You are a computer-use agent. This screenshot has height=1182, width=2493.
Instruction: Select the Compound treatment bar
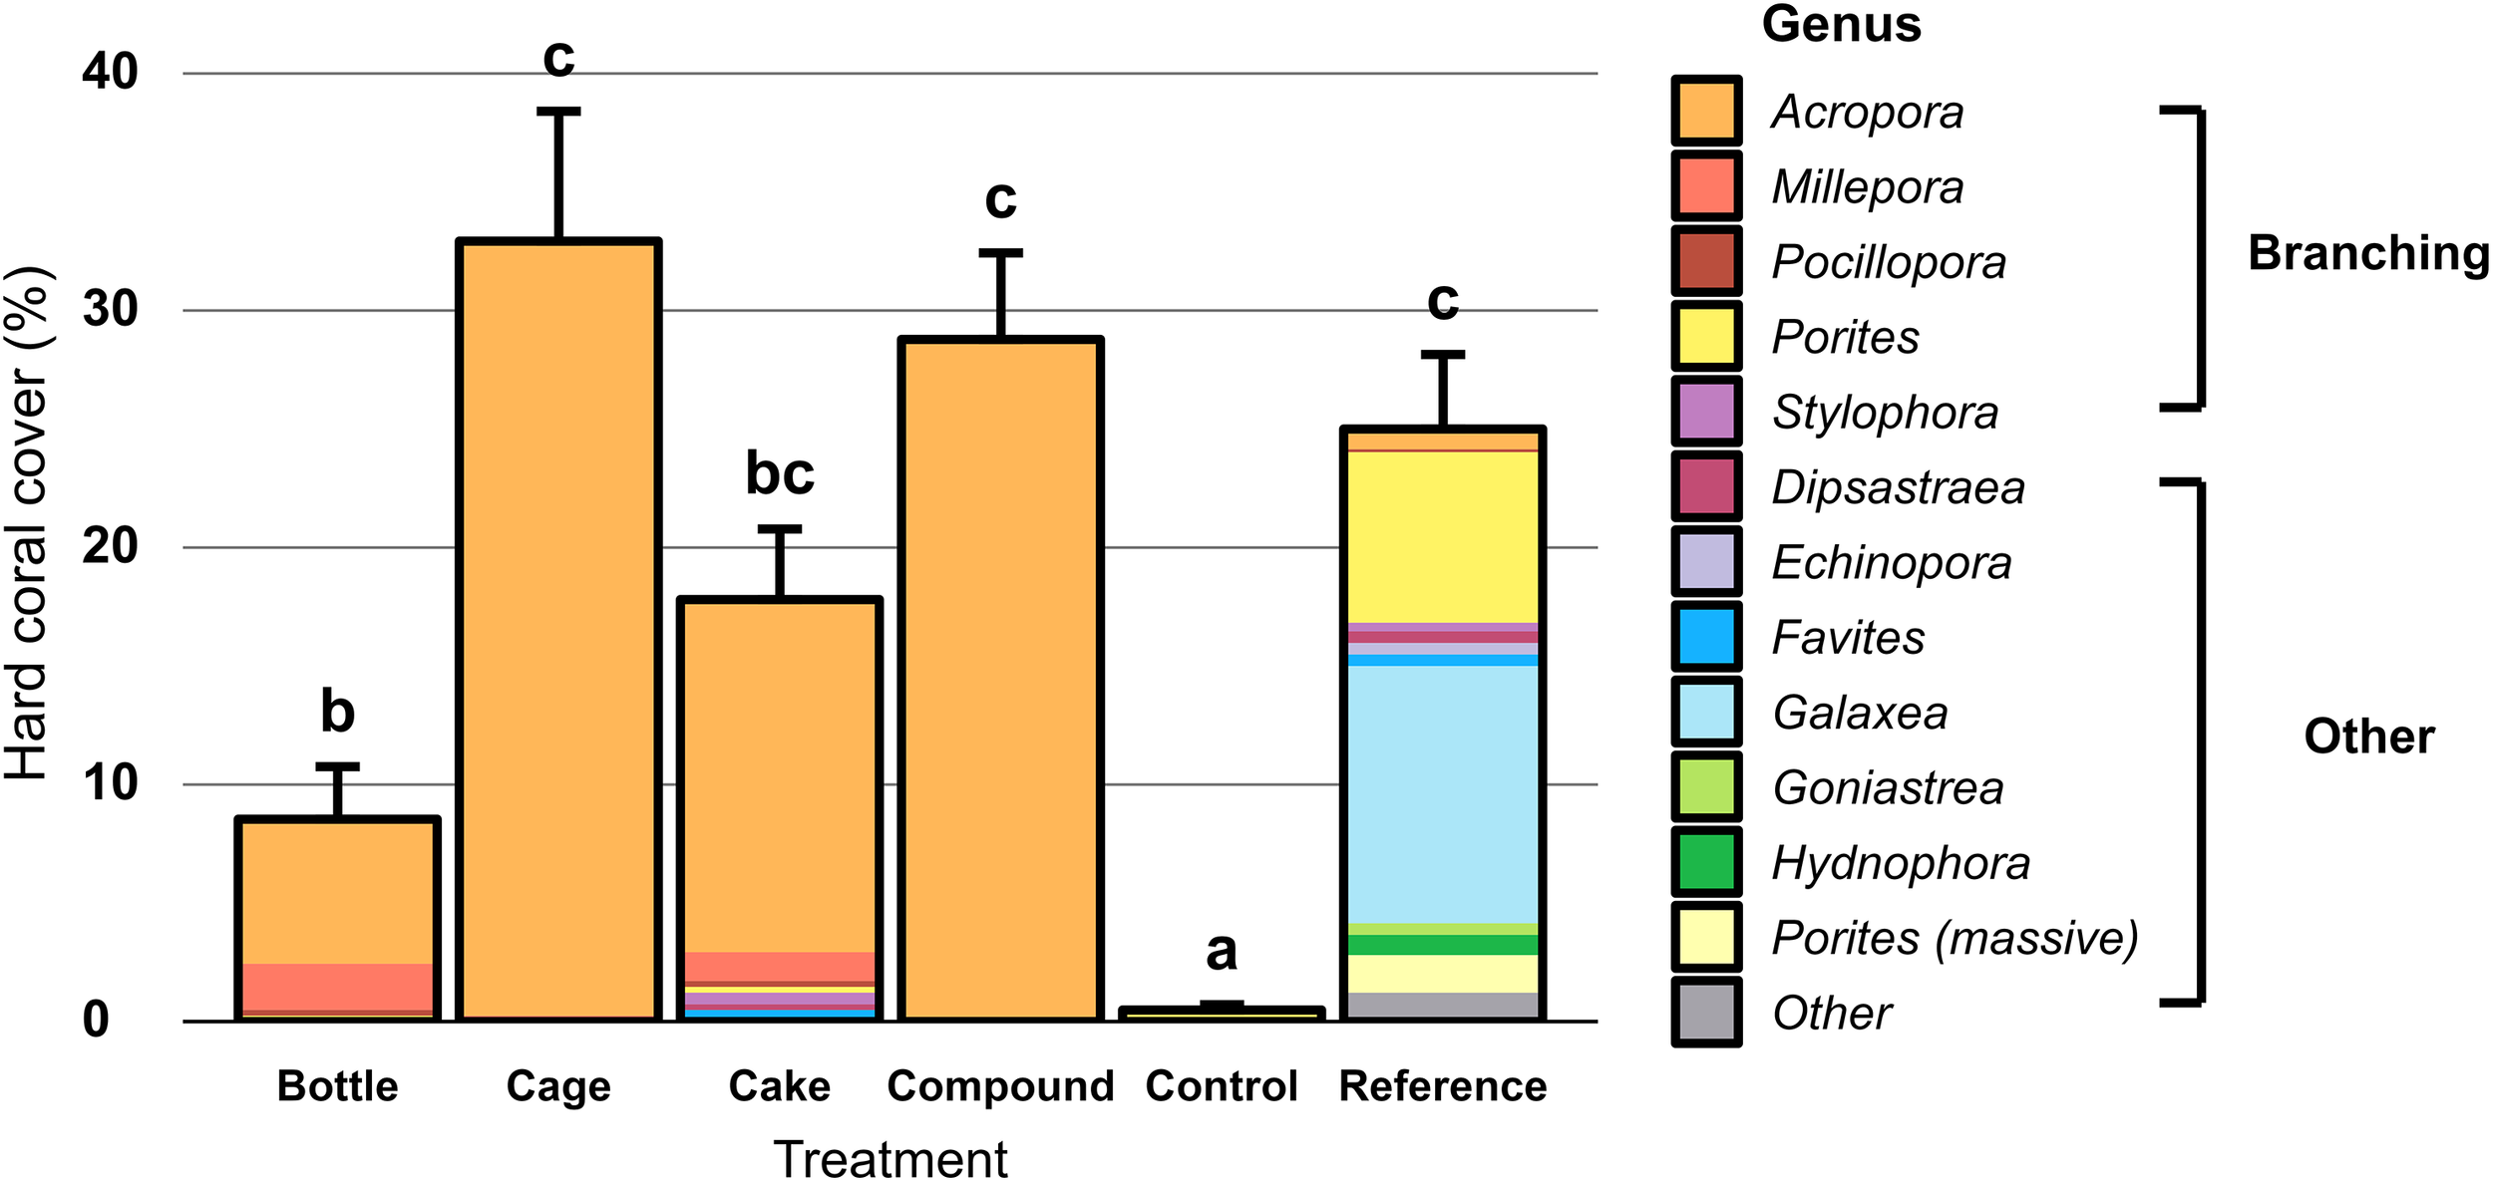pyautogui.click(x=1000, y=678)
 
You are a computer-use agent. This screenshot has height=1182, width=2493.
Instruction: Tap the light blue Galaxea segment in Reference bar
pyautogui.click(x=1442, y=793)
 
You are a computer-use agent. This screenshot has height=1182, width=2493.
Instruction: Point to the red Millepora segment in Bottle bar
pyautogui.click(x=337, y=986)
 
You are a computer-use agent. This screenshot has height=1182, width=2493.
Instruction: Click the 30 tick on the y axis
pyautogui.click(x=110, y=310)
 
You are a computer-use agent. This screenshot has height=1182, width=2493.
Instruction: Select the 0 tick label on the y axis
pyautogui.click(x=96, y=1020)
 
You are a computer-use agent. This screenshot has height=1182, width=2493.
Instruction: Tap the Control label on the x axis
pyautogui.click(x=1221, y=1086)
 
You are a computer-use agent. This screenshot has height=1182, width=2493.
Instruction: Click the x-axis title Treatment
pyautogui.click(x=890, y=1158)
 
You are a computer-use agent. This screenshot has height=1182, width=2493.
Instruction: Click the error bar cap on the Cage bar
pyautogui.click(x=558, y=112)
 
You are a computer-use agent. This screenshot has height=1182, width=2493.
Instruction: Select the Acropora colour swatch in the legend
pyautogui.click(x=1706, y=111)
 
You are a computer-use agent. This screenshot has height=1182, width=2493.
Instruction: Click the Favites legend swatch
pyautogui.click(x=1706, y=637)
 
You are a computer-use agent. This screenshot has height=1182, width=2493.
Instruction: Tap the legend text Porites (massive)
pyautogui.click(x=1955, y=938)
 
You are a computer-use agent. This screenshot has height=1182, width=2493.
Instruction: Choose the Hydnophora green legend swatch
pyautogui.click(x=1706, y=862)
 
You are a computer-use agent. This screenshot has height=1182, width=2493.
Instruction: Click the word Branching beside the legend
pyautogui.click(x=2367, y=253)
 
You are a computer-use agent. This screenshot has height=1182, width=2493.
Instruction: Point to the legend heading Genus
pyautogui.click(x=1841, y=24)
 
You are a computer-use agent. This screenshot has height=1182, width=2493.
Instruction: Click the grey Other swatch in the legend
pyautogui.click(x=1706, y=1013)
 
